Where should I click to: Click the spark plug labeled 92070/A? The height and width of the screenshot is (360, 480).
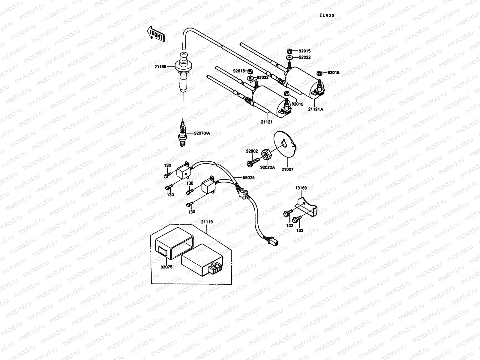point(182,135)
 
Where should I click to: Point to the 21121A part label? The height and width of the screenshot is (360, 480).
point(316,109)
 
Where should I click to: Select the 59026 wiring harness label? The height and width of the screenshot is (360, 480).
point(249,178)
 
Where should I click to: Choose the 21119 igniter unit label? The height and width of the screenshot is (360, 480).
point(207,222)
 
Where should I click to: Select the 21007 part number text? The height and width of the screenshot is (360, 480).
point(287,169)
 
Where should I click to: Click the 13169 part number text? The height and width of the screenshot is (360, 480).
point(301,188)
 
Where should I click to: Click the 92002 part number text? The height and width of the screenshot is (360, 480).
point(252,151)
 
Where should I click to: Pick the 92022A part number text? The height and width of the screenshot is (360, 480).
point(267,167)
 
